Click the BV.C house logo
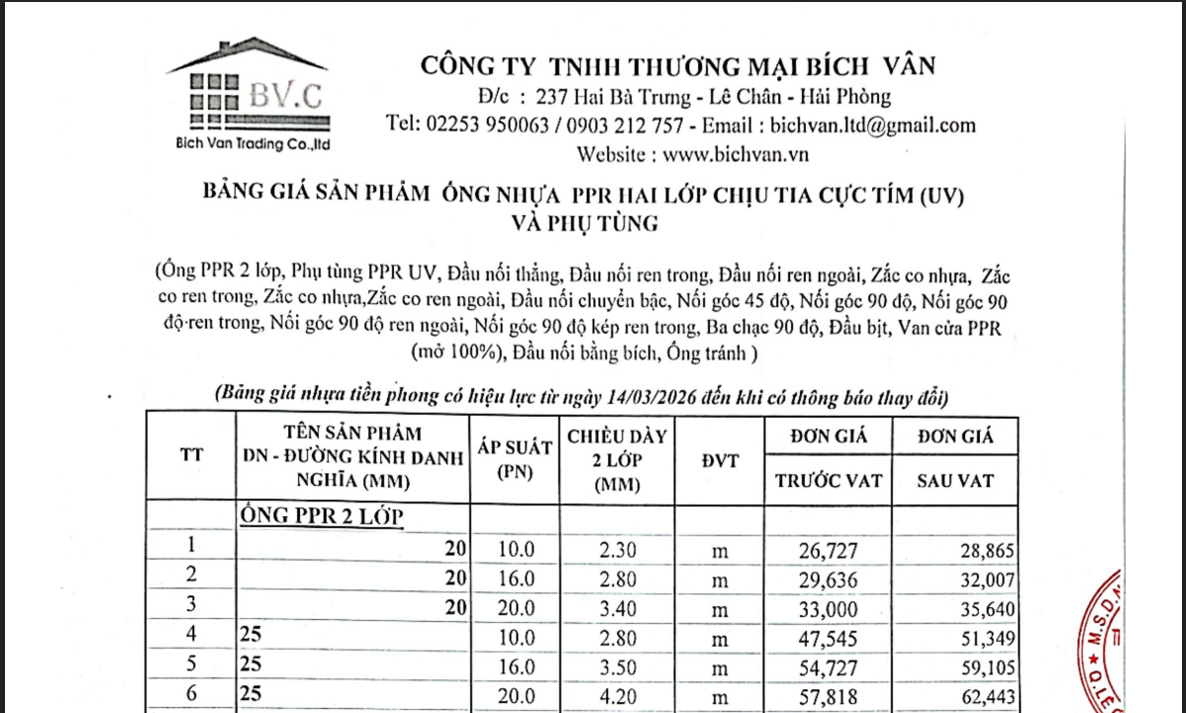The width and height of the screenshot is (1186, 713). [x=248, y=95]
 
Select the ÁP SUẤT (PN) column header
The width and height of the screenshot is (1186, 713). [x=514, y=458]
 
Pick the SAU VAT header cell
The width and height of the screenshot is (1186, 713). [x=956, y=481]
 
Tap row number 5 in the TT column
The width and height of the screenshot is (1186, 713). [x=191, y=668]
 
